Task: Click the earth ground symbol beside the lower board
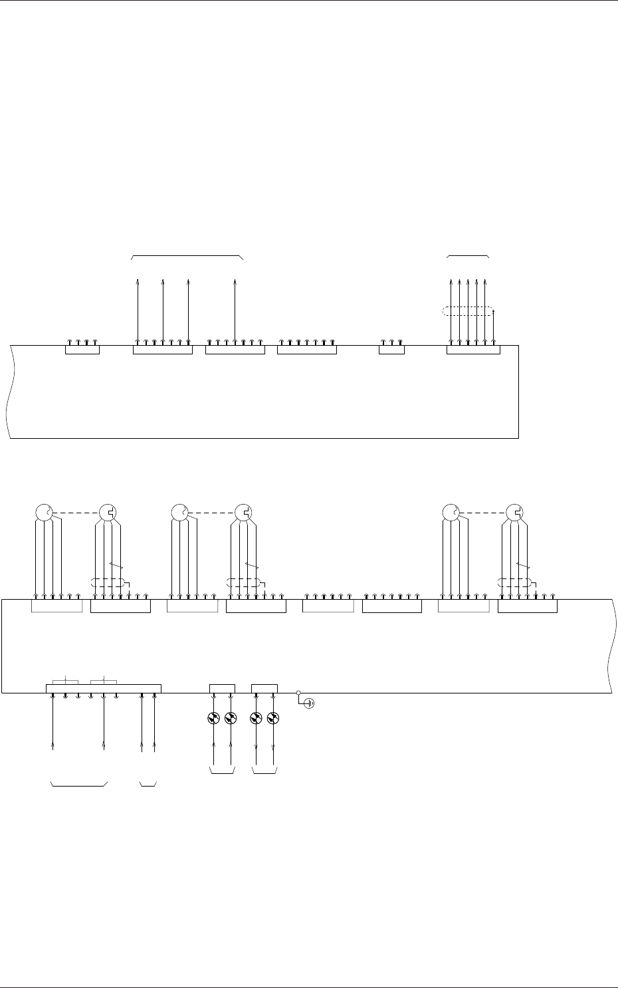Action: pyautogui.click(x=308, y=703)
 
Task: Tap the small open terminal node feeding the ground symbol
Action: pyautogui.click(x=298, y=692)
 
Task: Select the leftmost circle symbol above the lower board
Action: pyautogui.click(x=43, y=513)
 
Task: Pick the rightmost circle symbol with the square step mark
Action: pyautogui.click(x=515, y=513)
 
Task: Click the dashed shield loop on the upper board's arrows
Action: pyautogui.click(x=468, y=310)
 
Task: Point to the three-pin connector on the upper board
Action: pyautogui.click(x=391, y=350)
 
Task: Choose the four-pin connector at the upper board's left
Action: pyautogui.click(x=82, y=350)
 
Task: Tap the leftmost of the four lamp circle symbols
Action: pyautogui.click(x=213, y=718)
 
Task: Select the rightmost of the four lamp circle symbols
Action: pyautogui.click(x=273, y=718)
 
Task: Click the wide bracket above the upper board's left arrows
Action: pyautogui.click(x=188, y=256)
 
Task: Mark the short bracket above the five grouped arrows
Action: pyautogui.click(x=468, y=256)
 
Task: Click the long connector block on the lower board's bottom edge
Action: pyautogui.click(x=103, y=689)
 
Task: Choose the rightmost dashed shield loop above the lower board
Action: pyautogui.click(x=515, y=583)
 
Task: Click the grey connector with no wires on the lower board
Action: pyautogui.click(x=328, y=606)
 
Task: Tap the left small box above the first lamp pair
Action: pyautogui.click(x=222, y=688)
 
